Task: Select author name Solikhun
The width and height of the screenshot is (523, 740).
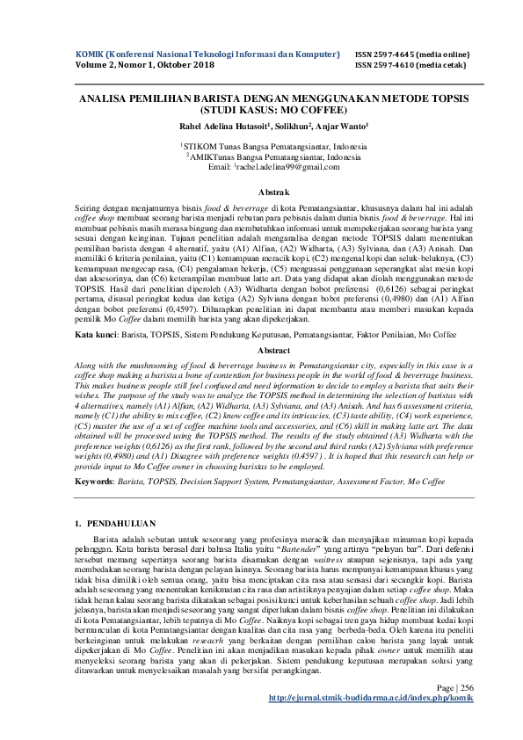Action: pyautogui.click(x=295, y=127)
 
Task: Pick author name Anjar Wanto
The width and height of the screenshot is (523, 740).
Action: pyautogui.click(x=344, y=127)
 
